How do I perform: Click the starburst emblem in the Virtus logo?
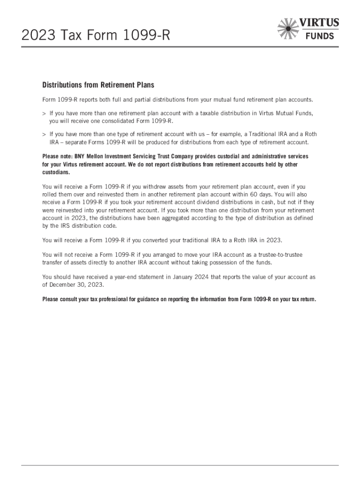pos(288,28)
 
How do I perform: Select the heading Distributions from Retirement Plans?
pos(98,85)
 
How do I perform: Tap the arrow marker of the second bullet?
pos(44,134)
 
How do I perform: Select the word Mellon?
pos(94,156)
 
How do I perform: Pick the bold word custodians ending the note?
pos(56,172)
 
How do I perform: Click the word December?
pos(63,284)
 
